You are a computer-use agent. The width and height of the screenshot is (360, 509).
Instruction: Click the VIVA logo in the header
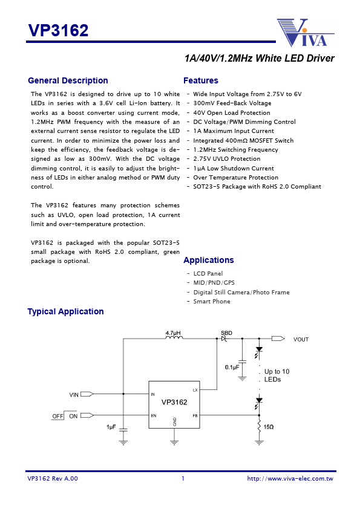pyautogui.click(x=306, y=33)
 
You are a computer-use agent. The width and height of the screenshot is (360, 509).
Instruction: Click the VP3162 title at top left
pyautogui.click(x=58, y=30)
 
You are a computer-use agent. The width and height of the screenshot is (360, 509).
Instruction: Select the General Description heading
pyautogui.click(x=68, y=80)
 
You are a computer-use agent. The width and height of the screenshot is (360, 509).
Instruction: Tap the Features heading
pyautogui.click(x=200, y=80)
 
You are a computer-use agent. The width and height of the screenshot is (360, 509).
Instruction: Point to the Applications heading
pyautogui.click(x=208, y=260)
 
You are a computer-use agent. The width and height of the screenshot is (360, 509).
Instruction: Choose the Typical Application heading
pyautogui.click(x=65, y=311)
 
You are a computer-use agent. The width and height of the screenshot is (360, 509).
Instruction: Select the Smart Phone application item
pyautogui.click(x=211, y=301)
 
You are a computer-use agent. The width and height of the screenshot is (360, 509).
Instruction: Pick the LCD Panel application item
pyautogui.click(x=208, y=273)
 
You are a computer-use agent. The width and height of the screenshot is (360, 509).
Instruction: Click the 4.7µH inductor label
pyautogui.click(x=174, y=332)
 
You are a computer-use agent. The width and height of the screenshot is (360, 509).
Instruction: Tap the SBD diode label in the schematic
pyautogui.click(x=226, y=332)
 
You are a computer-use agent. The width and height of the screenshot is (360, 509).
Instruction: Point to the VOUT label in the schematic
pyautogui.click(x=301, y=339)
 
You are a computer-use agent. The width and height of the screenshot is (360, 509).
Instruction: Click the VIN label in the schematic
pyautogui.click(x=74, y=394)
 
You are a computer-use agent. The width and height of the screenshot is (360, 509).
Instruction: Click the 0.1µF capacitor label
pyautogui.click(x=232, y=367)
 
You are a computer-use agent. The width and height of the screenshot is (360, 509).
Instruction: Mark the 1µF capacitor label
pyautogui.click(x=111, y=427)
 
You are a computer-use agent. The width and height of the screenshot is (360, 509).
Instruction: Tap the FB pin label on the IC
pyautogui.click(x=195, y=415)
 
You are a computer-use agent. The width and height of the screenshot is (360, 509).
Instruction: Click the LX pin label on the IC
pyautogui.click(x=195, y=391)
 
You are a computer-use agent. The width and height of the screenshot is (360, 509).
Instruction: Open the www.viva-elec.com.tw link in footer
pyautogui.click(x=290, y=479)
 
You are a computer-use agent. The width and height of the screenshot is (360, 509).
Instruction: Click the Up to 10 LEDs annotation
pyautogui.click(x=277, y=375)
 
